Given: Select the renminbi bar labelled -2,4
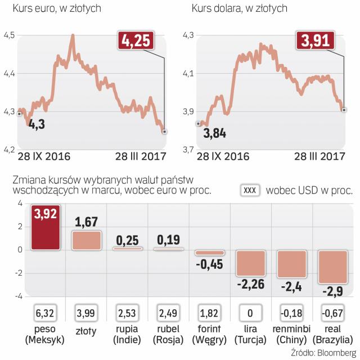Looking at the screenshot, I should click(x=291, y=263).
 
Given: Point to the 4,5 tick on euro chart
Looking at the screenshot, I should click(x=10, y=35).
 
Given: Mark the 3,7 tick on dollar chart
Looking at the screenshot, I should click(x=190, y=149).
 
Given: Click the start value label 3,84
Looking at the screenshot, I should click(x=214, y=133).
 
